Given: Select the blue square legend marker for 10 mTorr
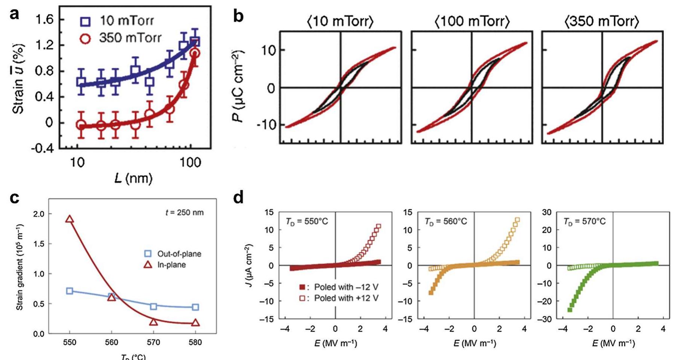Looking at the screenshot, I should tap(86, 21).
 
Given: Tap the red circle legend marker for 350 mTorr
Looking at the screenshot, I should tap(86, 39).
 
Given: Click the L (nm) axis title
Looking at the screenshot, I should tap(133, 178).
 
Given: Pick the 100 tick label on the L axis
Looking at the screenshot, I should tap(190, 162).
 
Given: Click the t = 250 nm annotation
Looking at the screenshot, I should tap(184, 213).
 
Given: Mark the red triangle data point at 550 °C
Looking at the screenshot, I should tap(70, 219).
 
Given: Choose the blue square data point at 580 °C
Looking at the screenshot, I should tap(195, 307).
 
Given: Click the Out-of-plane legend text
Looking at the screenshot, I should tap(179, 254).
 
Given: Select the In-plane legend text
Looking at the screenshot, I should tap(171, 265).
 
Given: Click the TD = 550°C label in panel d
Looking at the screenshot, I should tap(307, 222).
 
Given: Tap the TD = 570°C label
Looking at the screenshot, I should tap(584, 222).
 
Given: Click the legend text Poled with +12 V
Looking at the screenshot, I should tap(346, 298).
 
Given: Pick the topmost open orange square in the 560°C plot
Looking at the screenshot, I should tap(518, 220).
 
